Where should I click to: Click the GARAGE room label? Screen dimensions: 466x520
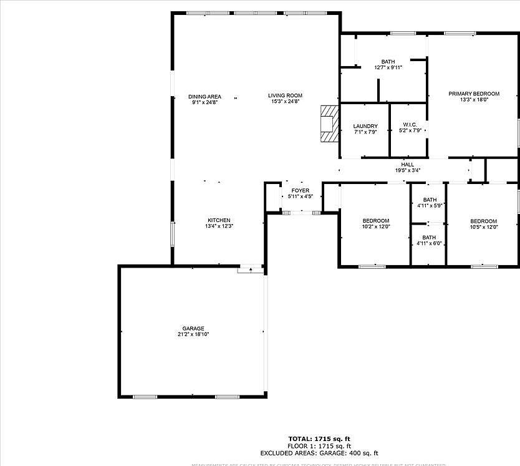tap(193, 329)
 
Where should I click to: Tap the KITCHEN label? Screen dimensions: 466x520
tap(219, 220)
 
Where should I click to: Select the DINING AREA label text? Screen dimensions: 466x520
tap(205, 96)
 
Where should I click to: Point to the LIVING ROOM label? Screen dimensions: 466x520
tap(286, 96)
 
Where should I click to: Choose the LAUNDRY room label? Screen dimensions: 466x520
tap(365, 127)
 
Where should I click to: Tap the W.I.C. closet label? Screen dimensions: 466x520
tap(410, 124)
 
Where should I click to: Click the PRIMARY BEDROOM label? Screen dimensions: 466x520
tap(474, 94)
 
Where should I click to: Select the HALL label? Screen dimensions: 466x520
tap(408, 165)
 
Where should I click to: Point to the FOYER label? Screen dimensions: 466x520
tap(300, 190)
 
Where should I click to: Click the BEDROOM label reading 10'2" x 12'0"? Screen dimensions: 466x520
tap(376, 221)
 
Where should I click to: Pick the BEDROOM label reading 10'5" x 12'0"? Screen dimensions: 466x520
tap(484, 221)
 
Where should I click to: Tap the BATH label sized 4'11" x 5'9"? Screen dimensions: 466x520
tap(430, 200)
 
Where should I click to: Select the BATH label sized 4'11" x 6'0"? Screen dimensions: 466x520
tap(430, 237)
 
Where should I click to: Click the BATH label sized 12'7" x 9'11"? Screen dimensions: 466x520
tap(388, 62)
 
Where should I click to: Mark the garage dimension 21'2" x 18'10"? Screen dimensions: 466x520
tap(193, 335)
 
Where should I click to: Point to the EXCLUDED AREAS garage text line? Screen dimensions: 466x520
tap(319, 454)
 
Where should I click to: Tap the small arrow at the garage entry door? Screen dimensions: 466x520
tap(251, 270)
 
